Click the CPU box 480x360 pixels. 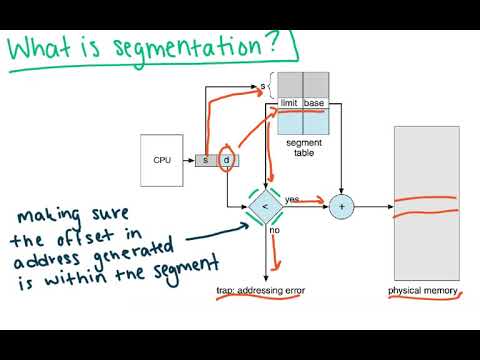click(162, 160)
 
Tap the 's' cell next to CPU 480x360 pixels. click(205, 160)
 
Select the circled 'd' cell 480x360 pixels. click(226, 160)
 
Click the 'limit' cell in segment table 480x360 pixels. click(289, 104)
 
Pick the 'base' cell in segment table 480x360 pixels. click(314, 104)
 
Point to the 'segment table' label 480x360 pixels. click(302, 149)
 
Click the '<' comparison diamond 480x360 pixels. click(265, 206)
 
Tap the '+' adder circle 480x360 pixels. click(343, 206)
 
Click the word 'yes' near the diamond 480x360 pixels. click(292, 199)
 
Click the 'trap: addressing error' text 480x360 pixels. click(261, 291)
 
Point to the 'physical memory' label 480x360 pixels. click(424, 291)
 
